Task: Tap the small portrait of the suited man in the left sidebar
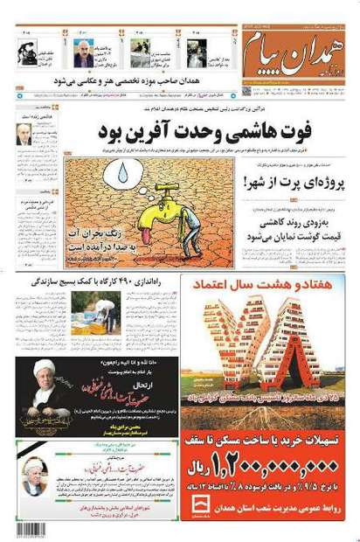pyautogui.click(x=24, y=133)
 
